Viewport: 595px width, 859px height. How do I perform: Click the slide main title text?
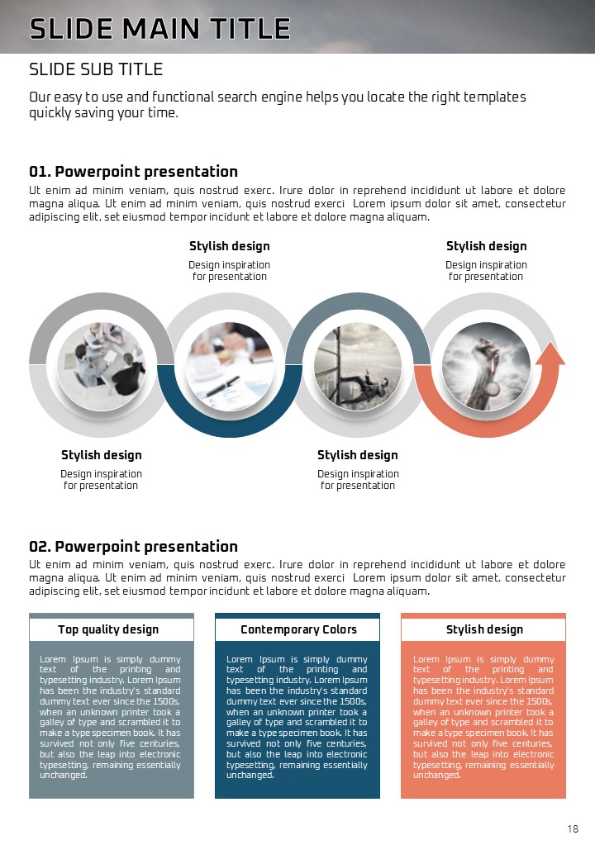pos(159,28)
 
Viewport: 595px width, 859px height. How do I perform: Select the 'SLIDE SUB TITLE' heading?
pos(96,69)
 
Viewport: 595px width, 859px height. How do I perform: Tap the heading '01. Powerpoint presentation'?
pos(133,172)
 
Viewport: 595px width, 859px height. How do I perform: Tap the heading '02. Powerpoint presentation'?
pos(133,546)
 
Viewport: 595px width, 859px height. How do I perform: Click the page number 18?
pos(573,829)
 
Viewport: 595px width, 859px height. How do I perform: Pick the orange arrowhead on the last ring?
pos(550,353)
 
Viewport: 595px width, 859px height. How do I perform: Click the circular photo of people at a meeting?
pos(102,365)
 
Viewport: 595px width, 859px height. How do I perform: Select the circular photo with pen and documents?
pos(230,365)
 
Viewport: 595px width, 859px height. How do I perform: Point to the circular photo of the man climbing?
pos(358,365)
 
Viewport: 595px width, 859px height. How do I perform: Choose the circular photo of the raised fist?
pos(486,365)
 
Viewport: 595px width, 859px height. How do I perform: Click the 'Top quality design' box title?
pos(108,629)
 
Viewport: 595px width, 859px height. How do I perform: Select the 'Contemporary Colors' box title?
pos(298,629)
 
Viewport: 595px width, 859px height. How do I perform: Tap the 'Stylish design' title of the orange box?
pos(484,629)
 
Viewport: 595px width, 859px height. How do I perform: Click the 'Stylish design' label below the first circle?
pos(102,455)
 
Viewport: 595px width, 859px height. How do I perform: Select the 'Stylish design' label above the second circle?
pos(230,246)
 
